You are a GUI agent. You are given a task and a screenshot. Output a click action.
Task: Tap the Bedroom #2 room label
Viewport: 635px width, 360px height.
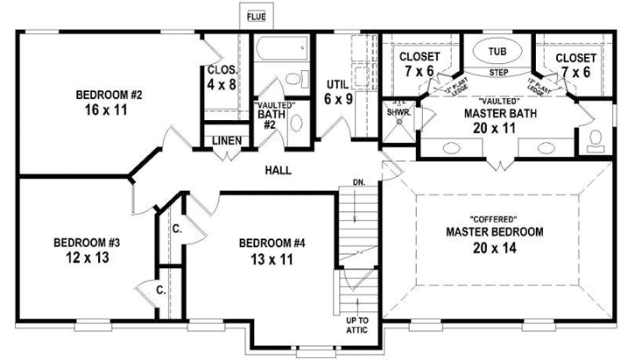[109, 95]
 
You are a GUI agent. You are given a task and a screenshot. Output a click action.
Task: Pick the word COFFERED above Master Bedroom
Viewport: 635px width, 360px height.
[495, 217]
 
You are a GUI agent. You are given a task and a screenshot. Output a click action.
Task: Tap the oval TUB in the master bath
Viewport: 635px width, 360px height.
[496, 51]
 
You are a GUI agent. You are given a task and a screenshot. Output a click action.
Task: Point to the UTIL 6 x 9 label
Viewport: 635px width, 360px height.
[337, 92]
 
